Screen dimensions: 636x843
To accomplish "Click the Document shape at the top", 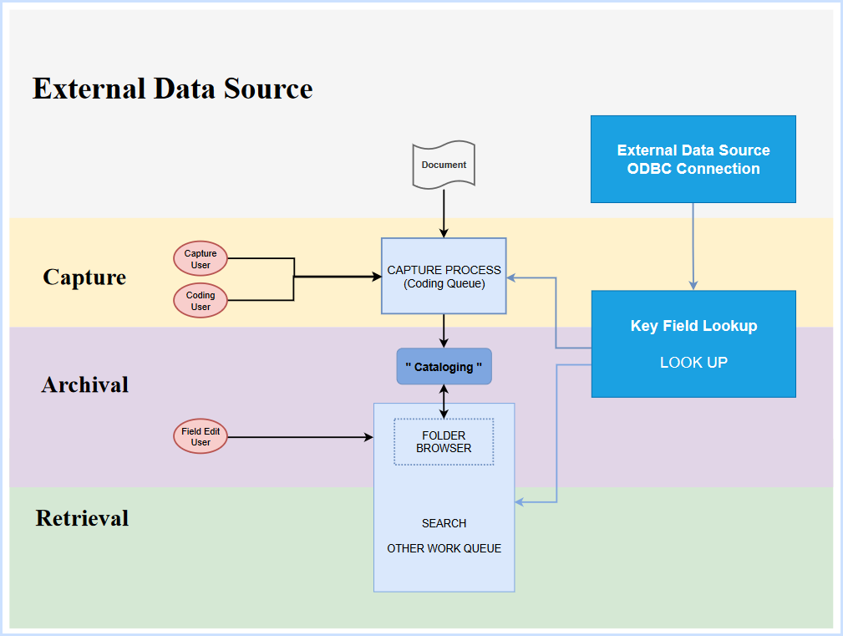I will [x=444, y=165].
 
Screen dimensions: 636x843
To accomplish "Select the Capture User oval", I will [x=201, y=259].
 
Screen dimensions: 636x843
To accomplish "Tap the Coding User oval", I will [x=201, y=301].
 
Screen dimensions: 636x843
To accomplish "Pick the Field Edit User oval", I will [x=201, y=436].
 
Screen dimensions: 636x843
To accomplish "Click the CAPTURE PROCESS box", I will [x=444, y=277].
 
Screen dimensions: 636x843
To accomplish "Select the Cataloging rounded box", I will [x=444, y=367].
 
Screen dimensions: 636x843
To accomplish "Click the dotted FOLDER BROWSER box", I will [x=444, y=442].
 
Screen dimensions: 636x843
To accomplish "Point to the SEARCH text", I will [x=444, y=523].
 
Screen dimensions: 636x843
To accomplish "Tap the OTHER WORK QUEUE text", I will [x=444, y=549].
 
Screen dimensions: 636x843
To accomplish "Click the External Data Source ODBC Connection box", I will [x=693, y=160].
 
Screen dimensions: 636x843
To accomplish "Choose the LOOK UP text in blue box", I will [x=693, y=363].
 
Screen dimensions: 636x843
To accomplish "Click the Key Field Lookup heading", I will [x=693, y=326].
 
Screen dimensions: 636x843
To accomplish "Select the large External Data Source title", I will [x=172, y=89].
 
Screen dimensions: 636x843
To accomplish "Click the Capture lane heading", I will [x=84, y=277].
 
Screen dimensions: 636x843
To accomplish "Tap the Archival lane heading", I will [x=85, y=385].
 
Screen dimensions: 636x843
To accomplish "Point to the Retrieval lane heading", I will [x=82, y=518].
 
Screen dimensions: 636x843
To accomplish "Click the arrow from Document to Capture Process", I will [x=444, y=213].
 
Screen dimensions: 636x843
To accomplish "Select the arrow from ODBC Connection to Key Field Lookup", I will [x=693, y=247].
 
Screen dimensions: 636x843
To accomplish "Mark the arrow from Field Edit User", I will [x=301, y=437].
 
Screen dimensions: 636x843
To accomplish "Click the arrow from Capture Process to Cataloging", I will [x=444, y=331].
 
